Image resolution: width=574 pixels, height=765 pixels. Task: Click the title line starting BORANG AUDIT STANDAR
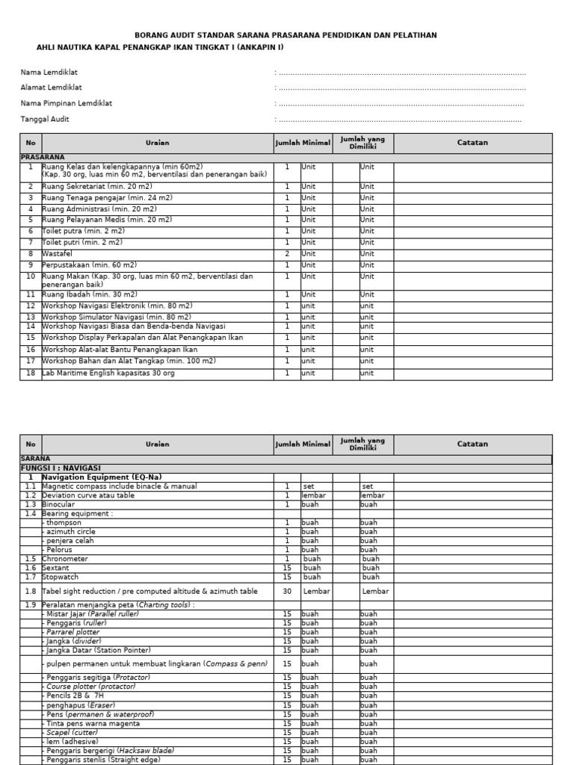[286, 35]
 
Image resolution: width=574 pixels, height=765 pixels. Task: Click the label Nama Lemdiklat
[49, 72]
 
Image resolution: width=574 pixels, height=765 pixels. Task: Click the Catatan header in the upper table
[472, 143]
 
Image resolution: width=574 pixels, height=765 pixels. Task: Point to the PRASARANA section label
[43, 158]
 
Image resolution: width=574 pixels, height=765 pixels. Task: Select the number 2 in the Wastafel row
[287, 254]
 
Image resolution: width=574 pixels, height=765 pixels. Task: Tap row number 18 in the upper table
[31, 373]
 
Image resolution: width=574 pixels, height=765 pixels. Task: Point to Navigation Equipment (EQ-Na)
[102, 477]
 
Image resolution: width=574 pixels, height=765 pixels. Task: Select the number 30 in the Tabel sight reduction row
[287, 591]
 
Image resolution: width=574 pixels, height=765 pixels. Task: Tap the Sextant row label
[55, 568]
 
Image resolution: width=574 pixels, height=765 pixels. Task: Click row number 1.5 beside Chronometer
[31, 558]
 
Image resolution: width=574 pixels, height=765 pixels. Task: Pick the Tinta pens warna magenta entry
[93, 723]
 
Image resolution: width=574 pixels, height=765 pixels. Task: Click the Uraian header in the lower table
[158, 444]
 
